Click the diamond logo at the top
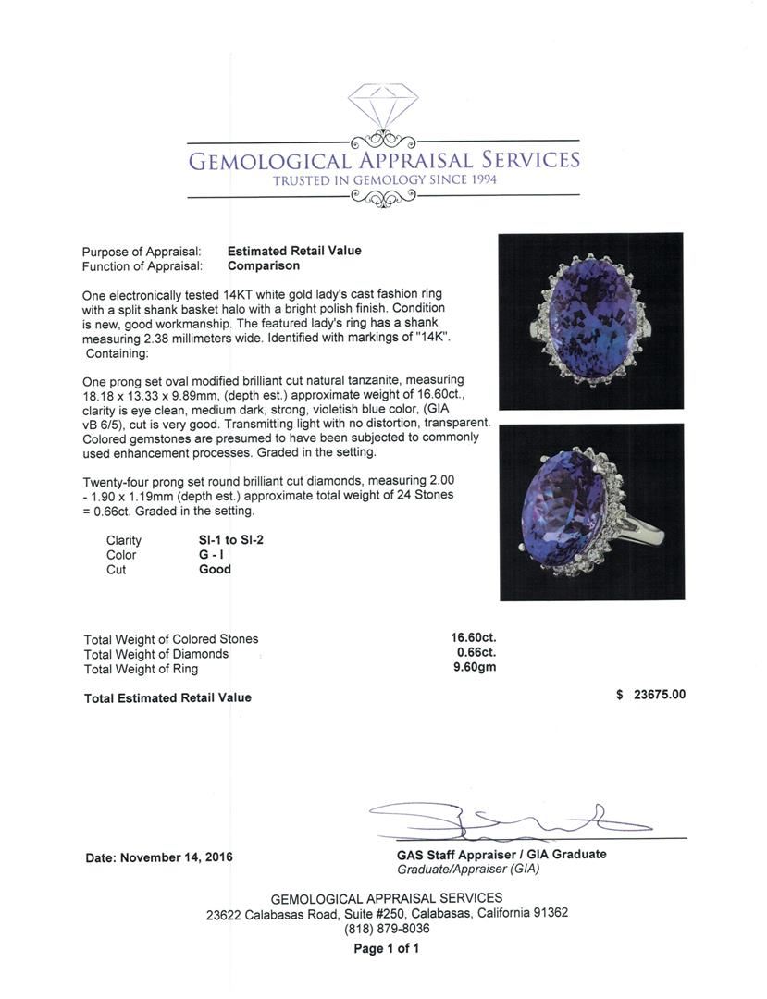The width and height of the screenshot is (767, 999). click(x=383, y=109)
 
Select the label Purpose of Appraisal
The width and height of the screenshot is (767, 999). click(x=142, y=252)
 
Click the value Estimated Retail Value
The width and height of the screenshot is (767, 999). click(x=294, y=251)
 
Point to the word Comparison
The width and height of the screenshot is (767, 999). click(x=264, y=265)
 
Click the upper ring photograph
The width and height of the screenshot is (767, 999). click(x=590, y=321)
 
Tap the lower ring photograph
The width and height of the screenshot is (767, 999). click(x=591, y=512)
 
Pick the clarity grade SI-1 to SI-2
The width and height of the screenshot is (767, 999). click(x=231, y=540)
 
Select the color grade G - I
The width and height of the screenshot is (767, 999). click(x=212, y=555)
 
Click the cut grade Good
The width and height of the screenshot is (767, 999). click(x=215, y=570)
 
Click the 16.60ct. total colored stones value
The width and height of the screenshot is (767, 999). click(x=474, y=638)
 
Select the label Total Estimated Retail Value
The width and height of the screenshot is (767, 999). click(x=167, y=697)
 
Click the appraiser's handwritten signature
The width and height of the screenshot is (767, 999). click(x=509, y=818)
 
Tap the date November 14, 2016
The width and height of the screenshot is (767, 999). click(x=159, y=857)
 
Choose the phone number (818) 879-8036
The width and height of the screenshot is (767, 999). click(x=387, y=929)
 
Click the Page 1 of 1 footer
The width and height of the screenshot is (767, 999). click(x=387, y=948)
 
